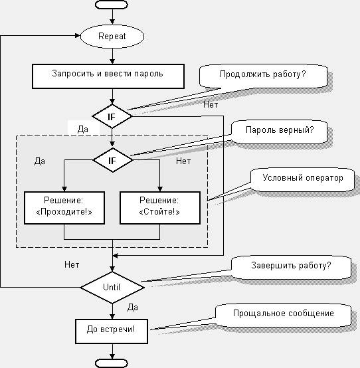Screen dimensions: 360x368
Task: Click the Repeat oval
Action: coord(112,37)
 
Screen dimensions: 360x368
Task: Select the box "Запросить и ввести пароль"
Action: coord(108,76)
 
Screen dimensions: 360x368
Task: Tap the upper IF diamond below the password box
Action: coord(112,116)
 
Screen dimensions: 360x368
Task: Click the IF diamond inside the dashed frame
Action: coord(113,160)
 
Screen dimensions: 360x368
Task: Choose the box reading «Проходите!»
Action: coord(64,208)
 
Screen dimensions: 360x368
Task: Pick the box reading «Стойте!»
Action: coord(160,208)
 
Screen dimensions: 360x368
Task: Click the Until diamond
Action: coord(112,287)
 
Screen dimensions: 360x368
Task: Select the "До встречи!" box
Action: coord(112,331)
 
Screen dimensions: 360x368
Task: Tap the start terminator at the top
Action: coord(112,5)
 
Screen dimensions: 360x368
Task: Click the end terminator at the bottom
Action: coord(112,363)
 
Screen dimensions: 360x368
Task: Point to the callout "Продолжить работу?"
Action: coord(263,76)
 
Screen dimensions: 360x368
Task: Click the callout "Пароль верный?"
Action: coord(279,132)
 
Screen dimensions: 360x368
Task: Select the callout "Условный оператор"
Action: coord(302,179)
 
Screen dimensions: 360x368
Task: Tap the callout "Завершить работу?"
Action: coord(291,267)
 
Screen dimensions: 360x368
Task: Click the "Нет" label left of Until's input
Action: coord(72,265)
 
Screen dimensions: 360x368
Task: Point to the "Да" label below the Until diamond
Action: coord(133,307)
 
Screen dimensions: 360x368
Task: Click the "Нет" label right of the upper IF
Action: coord(211,104)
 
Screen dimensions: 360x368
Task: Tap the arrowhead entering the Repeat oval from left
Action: coord(78,36)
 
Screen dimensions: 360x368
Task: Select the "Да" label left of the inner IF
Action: coord(40,161)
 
